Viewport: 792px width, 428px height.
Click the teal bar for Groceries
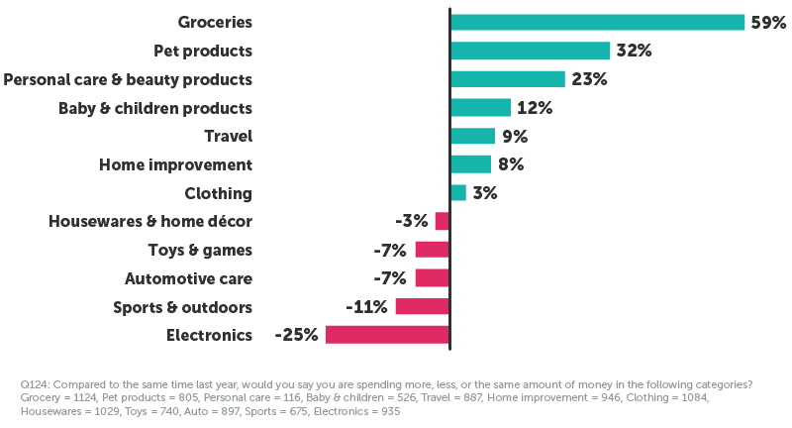(597, 22)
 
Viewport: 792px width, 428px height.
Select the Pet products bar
(530, 51)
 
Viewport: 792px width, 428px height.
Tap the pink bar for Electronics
(387, 335)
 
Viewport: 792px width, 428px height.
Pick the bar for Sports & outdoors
(422, 306)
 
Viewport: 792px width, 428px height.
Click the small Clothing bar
(457, 193)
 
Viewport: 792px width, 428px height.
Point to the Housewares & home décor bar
(442, 221)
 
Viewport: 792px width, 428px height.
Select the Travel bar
(472, 136)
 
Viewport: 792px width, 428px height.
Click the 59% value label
(768, 23)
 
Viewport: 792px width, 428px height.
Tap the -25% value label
(297, 335)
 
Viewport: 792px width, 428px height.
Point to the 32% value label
(634, 51)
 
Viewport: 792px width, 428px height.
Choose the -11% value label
(366, 306)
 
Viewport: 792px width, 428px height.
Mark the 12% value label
(534, 108)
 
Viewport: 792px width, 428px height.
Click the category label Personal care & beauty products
(128, 79)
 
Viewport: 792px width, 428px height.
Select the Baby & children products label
(155, 108)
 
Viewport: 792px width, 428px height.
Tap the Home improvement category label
(176, 164)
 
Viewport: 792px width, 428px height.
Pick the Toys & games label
(199, 250)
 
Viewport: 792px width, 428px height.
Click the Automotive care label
(188, 278)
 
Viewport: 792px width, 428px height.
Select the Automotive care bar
(432, 278)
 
